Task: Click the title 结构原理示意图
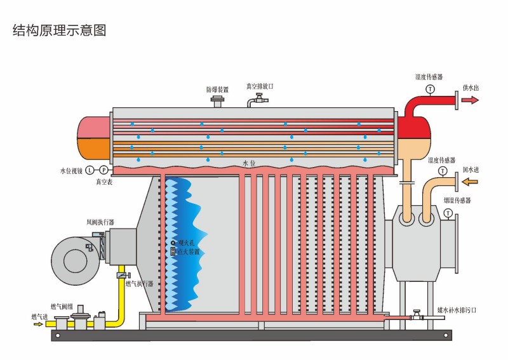(59, 30)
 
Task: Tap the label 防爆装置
(217, 90)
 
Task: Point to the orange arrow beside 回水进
(469, 183)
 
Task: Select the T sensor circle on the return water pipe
(443, 171)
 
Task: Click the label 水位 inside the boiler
(249, 164)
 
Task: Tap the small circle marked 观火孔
(173, 243)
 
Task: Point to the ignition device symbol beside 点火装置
(173, 251)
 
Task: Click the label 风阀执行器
(100, 222)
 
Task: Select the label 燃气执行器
(139, 284)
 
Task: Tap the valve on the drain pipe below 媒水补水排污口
(417, 315)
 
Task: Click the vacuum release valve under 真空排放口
(258, 100)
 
